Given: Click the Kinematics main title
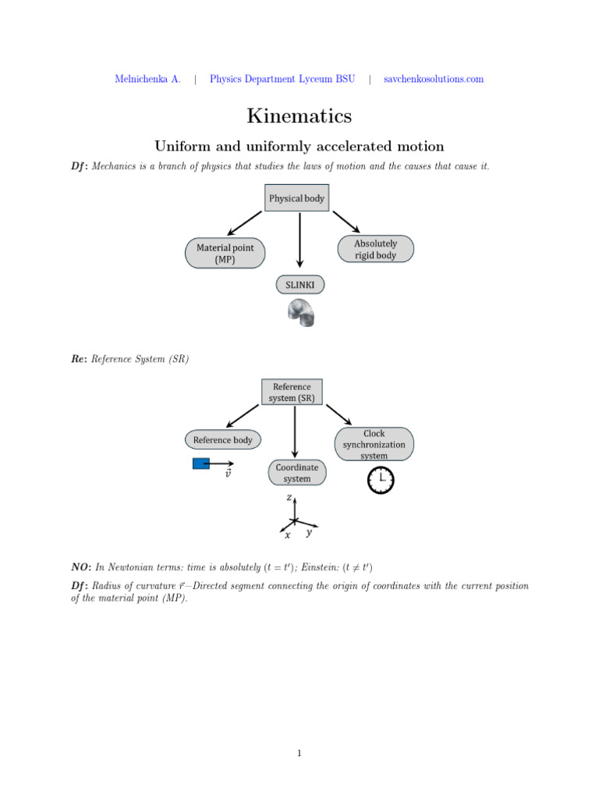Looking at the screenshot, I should (x=299, y=116).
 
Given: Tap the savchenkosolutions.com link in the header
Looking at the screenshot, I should (x=434, y=79).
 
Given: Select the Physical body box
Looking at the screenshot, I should (x=296, y=198).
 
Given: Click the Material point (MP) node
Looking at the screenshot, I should (x=225, y=254).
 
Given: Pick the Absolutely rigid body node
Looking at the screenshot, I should (x=375, y=249).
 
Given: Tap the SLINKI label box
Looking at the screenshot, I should (x=299, y=286).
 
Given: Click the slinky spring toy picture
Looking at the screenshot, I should (x=299, y=314).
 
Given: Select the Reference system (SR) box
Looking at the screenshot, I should (x=291, y=392).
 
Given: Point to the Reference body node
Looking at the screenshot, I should (x=222, y=440).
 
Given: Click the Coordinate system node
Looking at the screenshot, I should (x=296, y=472).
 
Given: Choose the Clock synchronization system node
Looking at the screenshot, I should (x=374, y=444).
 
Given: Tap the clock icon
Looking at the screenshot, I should (x=381, y=479).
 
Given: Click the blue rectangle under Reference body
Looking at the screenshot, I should (x=201, y=464).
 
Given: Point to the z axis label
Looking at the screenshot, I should (x=289, y=497).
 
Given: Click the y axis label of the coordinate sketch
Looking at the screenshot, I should (x=310, y=533).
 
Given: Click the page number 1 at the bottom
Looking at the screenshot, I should (x=299, y=753).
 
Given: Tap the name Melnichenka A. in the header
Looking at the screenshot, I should (x=147, y=79).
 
